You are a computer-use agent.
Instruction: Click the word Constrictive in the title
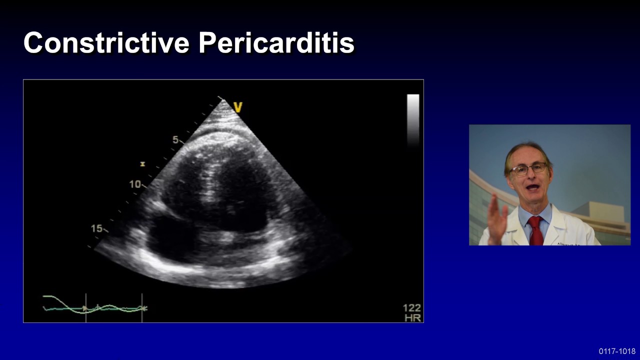click(x=106, y=43)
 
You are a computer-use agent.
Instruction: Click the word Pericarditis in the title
click(x=276, y=43)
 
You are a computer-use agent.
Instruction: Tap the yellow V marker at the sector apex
click(x=237, y=107)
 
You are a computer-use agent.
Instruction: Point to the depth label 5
click(x=175, y=140)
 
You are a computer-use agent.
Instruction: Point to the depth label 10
click(x=135, y=184)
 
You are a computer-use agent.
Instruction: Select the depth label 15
click(x=96, y=228)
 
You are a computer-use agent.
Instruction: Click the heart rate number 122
click(x=412, y=308)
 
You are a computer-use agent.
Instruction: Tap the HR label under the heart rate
click(x=413, y=318)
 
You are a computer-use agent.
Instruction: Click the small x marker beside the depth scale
click(x=142, y=164)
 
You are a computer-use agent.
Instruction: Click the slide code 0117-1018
click(x=617, y=351)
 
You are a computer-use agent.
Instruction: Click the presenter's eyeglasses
click(x=529, y=169)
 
